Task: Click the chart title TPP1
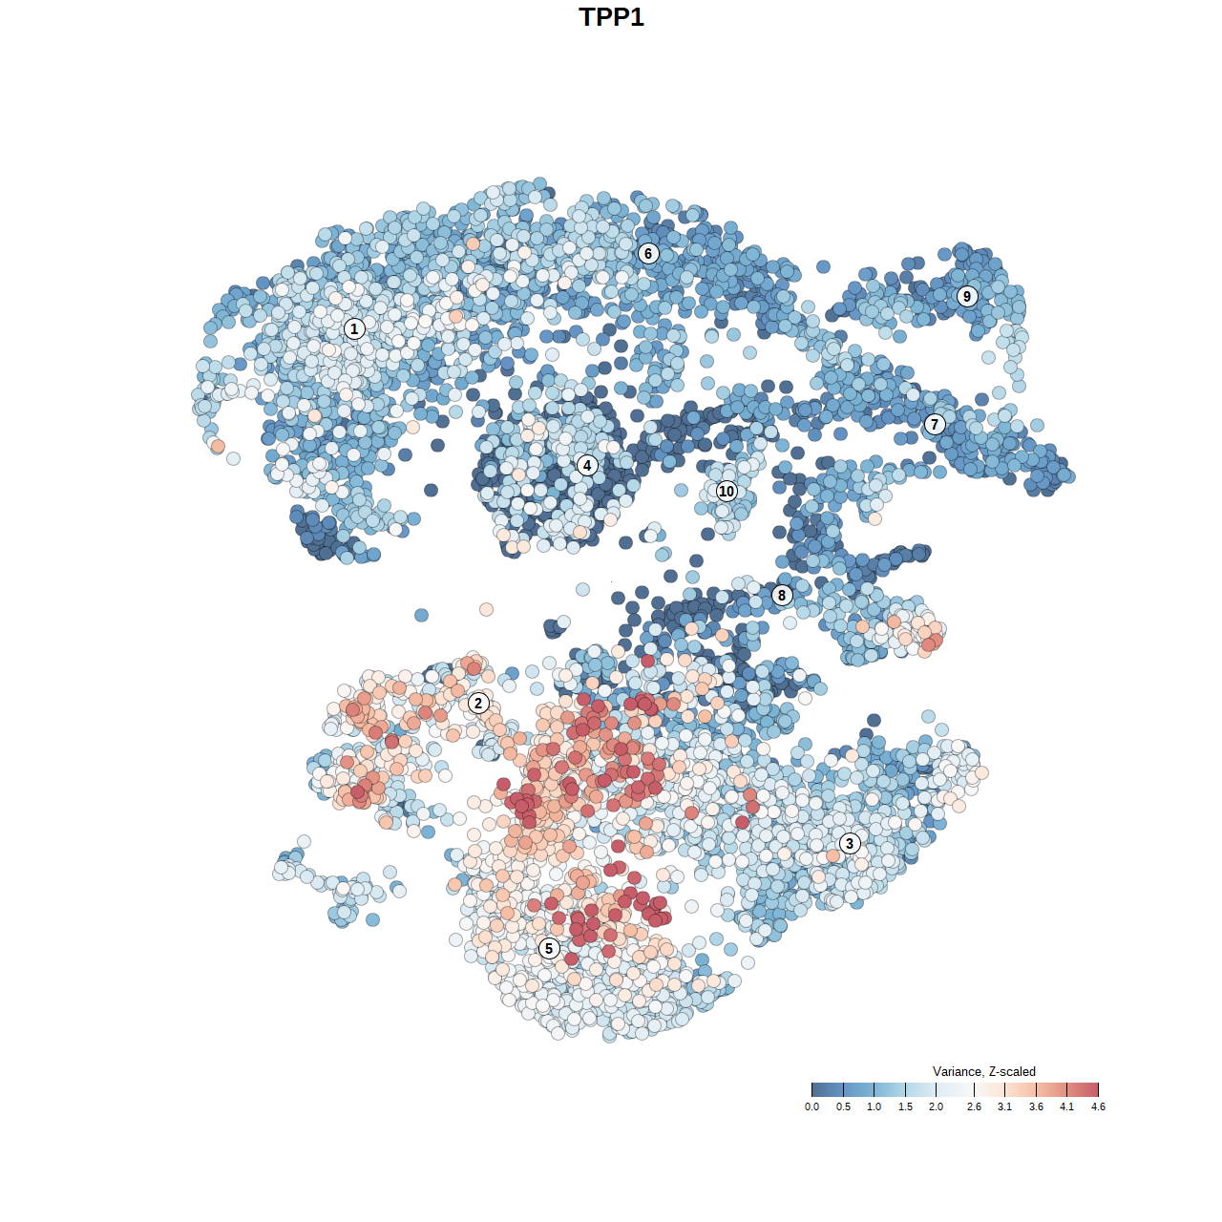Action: [611, 17]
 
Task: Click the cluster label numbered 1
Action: [354, 328]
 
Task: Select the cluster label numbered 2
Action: [478, 704]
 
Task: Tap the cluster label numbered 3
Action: [850, 843]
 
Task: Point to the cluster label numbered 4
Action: [587, 466]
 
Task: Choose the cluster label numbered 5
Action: [549, 948]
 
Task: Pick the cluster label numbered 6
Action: [648, 253]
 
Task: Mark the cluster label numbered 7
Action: [935, 425]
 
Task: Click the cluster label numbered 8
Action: [782, 596]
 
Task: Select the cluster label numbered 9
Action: [967, 296]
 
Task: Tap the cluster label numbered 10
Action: [727, 491]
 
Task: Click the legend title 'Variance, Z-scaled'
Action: [983, 1071]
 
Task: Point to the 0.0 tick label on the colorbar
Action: [811, 1107]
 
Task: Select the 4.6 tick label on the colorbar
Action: [1098, 1107]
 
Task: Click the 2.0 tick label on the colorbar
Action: [936, 1107]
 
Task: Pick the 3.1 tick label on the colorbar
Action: [1004, 1107]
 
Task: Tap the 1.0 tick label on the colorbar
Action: [874, 1107]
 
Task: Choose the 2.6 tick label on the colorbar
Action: [974, 1107]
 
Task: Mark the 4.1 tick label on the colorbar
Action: [1066, 1107]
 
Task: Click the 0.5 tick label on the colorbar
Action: [843, 1107]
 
